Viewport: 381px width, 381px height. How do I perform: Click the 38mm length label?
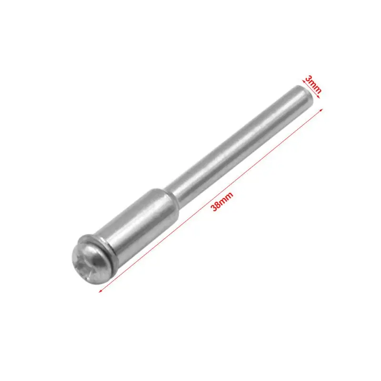tap(222, 201)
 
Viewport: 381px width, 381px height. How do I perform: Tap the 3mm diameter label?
tap(313, 84)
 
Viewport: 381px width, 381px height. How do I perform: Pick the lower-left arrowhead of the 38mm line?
tap(100, 291)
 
